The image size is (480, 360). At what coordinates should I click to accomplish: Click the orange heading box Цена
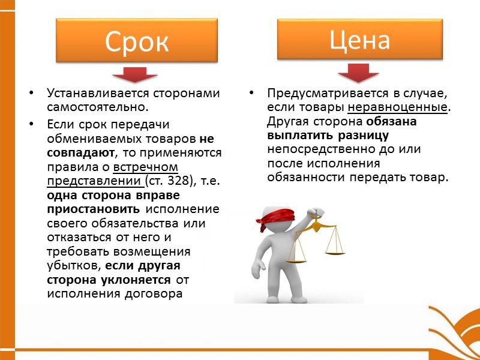click(359, 40)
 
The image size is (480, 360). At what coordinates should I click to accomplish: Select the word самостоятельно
click(96, 107)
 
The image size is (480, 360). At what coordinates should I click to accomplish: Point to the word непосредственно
click(316, 148)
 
